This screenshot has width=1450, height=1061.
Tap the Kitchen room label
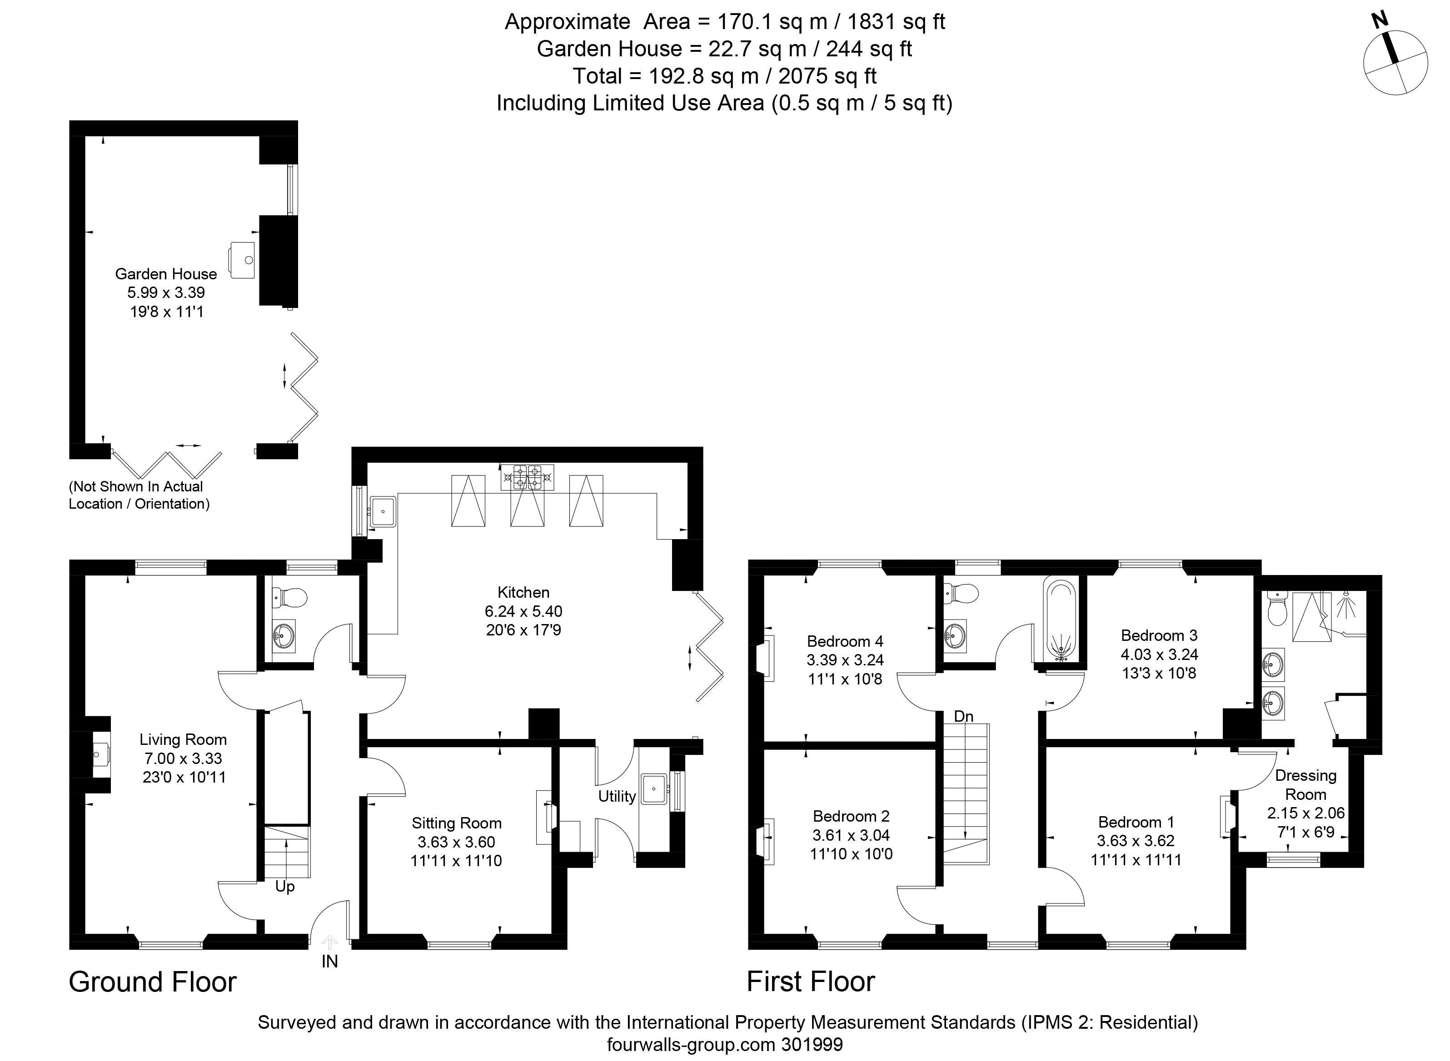523,592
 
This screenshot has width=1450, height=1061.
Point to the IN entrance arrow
329,942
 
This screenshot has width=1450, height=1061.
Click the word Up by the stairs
284,887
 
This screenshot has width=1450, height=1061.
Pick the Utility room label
617,796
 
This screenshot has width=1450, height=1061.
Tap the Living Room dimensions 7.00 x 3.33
183,759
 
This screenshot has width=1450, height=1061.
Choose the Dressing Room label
1306,785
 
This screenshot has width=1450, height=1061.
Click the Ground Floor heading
153,982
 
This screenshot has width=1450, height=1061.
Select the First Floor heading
811,982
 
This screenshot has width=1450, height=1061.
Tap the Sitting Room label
456,823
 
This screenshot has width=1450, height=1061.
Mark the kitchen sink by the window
384,511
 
